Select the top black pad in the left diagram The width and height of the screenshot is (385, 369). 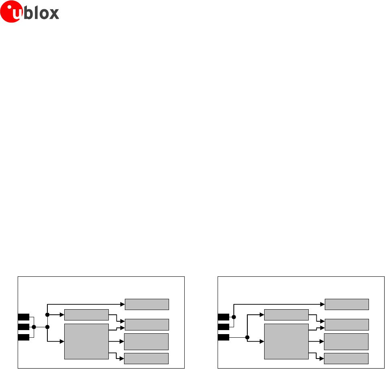23,317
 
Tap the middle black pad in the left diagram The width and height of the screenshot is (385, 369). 23,327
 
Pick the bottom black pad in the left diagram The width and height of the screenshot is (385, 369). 23,337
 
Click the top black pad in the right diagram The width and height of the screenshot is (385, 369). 223,317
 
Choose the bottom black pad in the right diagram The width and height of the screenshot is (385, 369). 223,337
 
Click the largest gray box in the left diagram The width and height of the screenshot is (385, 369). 86,341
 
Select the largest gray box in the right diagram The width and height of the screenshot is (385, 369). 286,341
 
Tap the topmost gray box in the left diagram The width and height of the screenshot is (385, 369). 147,304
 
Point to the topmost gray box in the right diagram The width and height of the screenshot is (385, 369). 346,304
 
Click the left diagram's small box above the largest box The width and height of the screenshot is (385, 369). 86,315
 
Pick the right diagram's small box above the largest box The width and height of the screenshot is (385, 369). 286,315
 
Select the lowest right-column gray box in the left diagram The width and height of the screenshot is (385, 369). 146,359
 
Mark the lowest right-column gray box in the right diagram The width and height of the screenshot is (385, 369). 346,359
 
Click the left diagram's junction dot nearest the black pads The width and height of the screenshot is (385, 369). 34,327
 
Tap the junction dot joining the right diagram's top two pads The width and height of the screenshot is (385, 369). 234,317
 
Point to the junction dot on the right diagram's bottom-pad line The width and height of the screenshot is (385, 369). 247,337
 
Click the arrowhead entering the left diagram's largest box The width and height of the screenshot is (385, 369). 62,342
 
